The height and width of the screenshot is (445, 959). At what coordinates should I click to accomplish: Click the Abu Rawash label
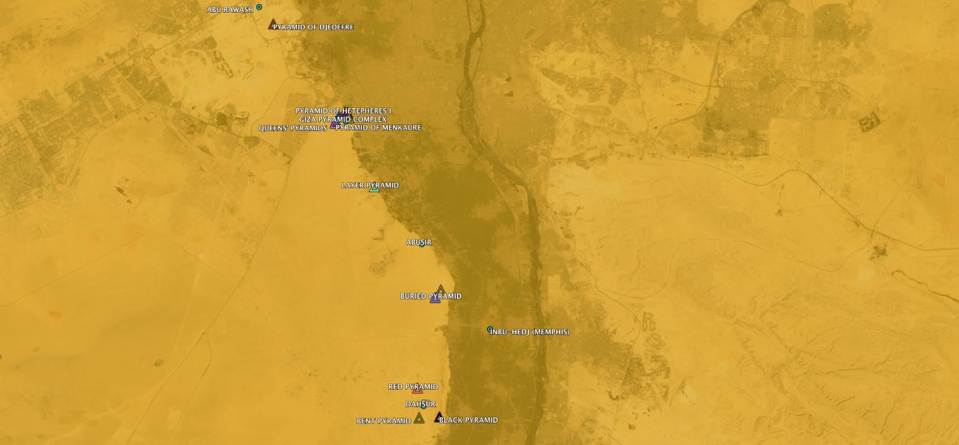[230, 10]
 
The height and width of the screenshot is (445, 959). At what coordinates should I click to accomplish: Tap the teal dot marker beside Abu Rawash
[259, 7]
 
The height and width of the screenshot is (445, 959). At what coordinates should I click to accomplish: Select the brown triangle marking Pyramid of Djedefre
[272, 25]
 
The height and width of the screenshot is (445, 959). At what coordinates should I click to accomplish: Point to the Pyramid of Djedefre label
[313, 27]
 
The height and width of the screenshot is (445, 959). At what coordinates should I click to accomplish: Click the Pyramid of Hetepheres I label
[343, 111]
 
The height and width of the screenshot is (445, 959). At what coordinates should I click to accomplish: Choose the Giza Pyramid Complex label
[343, 119]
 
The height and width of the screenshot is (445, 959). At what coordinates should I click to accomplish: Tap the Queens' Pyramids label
[292, 128]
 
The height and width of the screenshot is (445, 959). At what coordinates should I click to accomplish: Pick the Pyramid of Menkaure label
[379, 127]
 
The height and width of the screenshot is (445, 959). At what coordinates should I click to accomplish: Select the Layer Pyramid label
[370, 185]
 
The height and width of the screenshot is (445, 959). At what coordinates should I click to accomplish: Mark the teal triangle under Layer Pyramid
[374, 189]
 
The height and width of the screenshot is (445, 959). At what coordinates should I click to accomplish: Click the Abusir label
[418, 242]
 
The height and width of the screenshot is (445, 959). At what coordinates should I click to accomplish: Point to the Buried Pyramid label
[430, 296]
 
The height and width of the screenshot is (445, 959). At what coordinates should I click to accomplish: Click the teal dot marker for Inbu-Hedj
[490, 330]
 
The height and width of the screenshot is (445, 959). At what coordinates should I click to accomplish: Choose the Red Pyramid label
[413, 387]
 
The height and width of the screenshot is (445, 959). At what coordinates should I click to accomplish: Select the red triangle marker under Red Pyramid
[417, 390]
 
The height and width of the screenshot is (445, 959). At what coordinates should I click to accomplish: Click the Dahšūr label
[420, 404]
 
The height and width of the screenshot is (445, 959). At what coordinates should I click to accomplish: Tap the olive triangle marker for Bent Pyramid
[419, 418]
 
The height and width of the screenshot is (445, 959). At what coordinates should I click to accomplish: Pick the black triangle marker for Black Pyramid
[439, 417]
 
